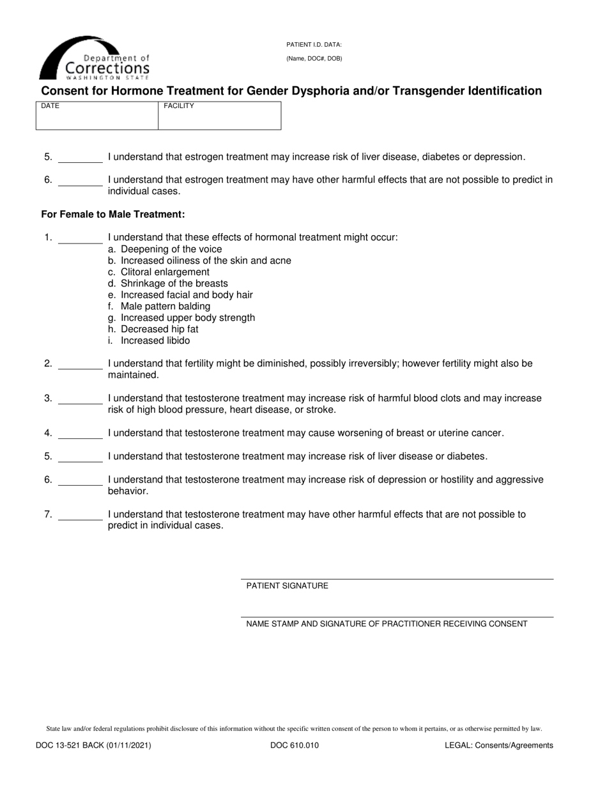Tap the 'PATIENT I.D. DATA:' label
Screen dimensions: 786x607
click(314, 45)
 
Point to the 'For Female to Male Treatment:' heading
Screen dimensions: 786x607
click(113, 215)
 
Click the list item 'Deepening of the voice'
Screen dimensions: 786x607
click(171, 249)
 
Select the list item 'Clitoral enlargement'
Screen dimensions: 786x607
click(164, 272)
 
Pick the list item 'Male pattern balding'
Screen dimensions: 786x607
click(165, 307)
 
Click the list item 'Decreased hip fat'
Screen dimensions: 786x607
click(159, 330)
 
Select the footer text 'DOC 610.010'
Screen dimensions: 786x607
click(295, 745)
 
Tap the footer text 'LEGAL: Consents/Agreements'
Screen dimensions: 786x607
click(499, 745)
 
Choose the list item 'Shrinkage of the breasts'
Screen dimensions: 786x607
click(174, 284)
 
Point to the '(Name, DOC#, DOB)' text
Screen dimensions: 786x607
click(314, 59)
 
